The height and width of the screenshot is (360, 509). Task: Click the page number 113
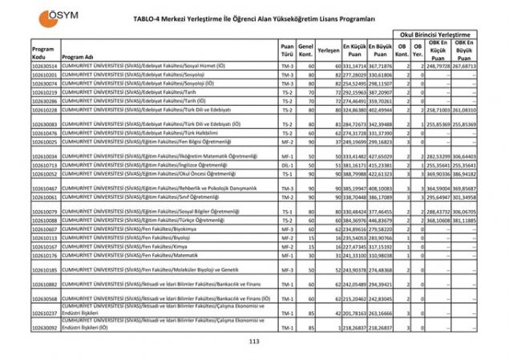click(x=254, y=342)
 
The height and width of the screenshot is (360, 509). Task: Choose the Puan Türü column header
click(x=287, y=50)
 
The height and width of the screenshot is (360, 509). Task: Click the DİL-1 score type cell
click(x=287, y=164)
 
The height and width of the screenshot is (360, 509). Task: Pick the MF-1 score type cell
click(x=287, y=156)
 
